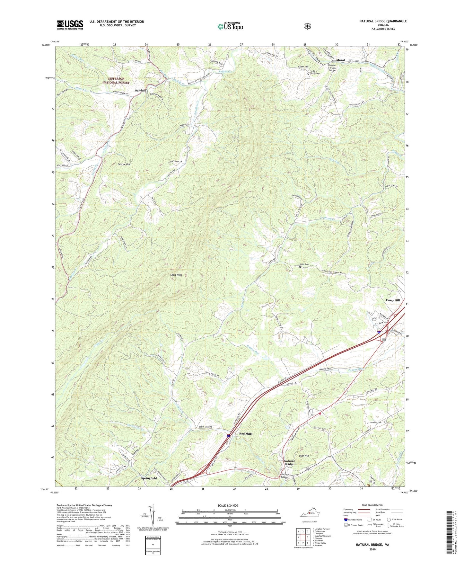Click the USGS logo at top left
70,25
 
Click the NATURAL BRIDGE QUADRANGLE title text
383,21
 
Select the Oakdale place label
140,91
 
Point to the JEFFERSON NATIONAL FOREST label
116,81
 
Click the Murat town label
341,60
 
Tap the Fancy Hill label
392,300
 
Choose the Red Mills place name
246,434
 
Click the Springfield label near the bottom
149,478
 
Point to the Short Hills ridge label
176,275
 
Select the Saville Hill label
124,164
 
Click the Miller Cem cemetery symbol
300,267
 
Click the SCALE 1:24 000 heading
228,505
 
